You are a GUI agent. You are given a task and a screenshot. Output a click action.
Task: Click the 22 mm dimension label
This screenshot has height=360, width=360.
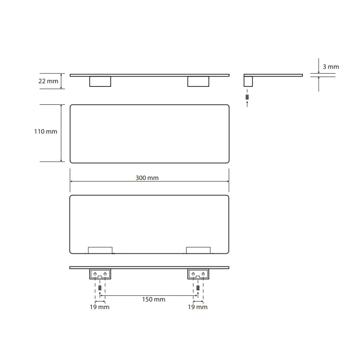click(x=48, y=81)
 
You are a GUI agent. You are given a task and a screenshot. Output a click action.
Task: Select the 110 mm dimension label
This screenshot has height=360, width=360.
click(x=46, y=131)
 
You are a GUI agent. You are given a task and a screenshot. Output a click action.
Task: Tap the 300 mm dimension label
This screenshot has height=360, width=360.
click(x=147, y=178)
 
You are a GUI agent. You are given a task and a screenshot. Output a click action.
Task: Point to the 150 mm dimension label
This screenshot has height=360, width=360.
click(x=153, y=299)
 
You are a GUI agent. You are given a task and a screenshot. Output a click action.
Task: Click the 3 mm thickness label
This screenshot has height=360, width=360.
click(x=331, y=67)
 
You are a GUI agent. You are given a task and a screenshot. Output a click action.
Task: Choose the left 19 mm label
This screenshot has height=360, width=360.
click(x=99, y=307)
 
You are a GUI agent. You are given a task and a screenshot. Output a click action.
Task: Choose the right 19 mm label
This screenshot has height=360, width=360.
click(x=198, y=307)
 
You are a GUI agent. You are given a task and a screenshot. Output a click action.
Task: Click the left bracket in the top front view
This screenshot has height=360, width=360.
click(x=100, y=81)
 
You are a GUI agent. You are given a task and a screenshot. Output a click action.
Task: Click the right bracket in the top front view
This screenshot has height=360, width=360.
click(x=198, y=81)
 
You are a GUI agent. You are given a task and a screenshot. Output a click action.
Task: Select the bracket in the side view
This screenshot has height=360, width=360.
click(x=248, y=81)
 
